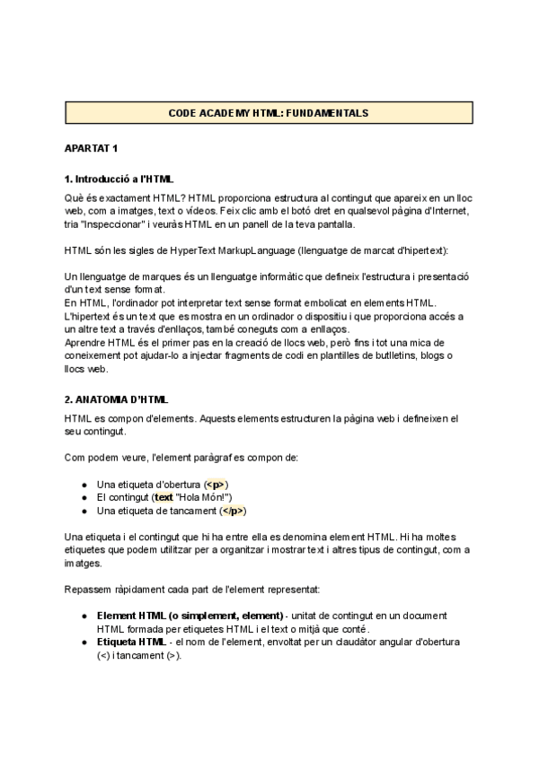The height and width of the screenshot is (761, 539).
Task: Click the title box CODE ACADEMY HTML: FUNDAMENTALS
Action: coord(269,113)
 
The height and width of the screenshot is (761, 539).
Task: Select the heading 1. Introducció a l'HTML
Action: coord(119,179)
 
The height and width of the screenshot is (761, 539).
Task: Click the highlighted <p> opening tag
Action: coord(215,485)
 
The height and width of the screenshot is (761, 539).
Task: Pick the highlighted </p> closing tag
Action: coord(232,511)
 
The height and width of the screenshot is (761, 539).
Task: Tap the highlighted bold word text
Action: coord(164,497)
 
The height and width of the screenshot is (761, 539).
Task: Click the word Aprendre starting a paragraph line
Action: coord(88,343)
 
